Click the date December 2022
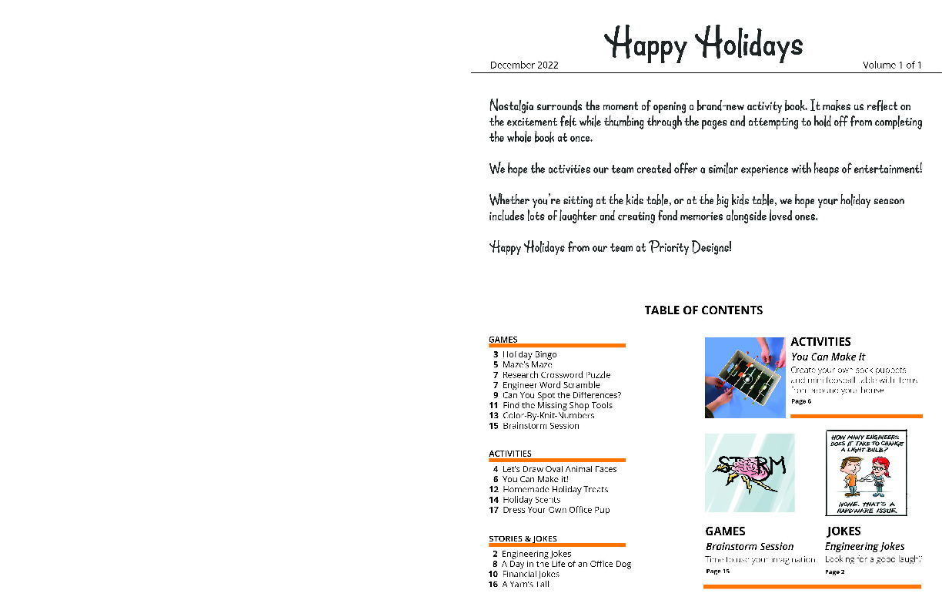click(524, 65)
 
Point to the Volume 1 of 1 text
click(892, 65)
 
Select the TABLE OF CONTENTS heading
click(703, 310)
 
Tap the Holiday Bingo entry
click(529, 354)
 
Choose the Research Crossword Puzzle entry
click(556, 375)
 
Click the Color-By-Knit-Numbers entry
click(548, 415)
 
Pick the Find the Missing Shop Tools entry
click(557, 405)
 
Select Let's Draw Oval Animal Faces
click(559, 469)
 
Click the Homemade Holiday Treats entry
click(555, 489)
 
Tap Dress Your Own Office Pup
click(556, 510)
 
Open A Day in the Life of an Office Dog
click(566, 564)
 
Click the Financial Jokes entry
click(530, 574)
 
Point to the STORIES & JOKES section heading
click(523, 539)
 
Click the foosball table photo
click(745, 377)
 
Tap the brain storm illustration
click(750, 473)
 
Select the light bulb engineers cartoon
click(866, 473)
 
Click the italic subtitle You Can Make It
click(828, 357)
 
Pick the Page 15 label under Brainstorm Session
click(717, 571)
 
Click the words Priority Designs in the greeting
click(690, 248)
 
